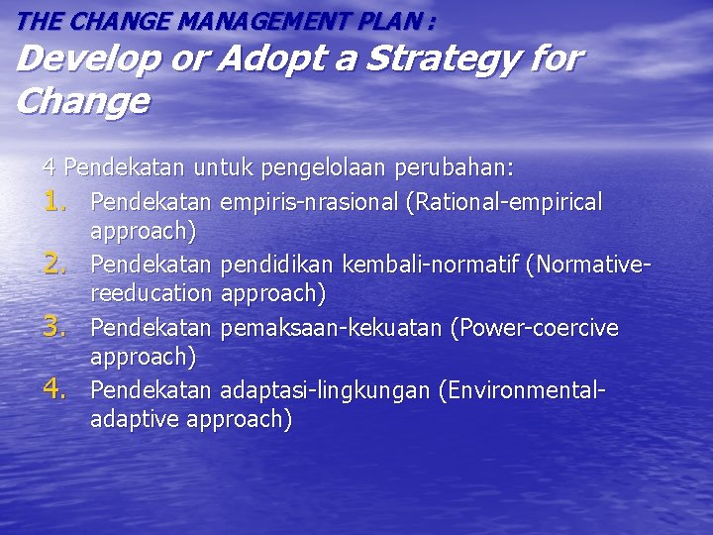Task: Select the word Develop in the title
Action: point(79,59)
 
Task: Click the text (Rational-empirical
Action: point(503,203)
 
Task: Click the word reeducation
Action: point(151,293)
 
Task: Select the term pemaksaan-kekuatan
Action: point(332,328)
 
